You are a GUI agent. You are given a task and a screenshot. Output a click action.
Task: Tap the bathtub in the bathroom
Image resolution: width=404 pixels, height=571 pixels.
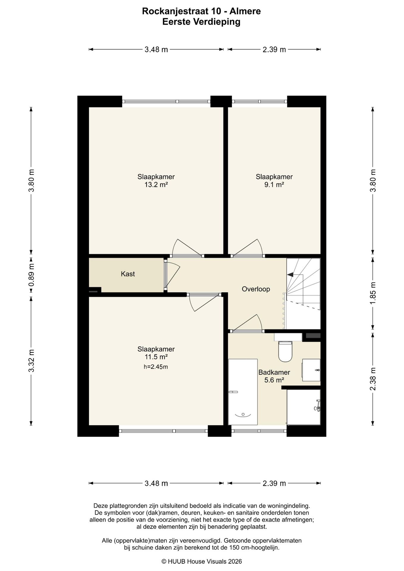pos(243,392)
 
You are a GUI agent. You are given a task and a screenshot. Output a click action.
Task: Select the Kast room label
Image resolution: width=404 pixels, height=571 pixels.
pos(128,274)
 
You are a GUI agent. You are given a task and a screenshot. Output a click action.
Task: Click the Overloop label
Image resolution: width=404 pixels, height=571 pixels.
pos(256,289)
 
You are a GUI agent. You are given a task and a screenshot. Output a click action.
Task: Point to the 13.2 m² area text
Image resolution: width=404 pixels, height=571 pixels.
pos(156,185)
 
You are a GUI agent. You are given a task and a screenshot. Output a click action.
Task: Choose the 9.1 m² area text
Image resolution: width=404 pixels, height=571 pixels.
pos(274,185)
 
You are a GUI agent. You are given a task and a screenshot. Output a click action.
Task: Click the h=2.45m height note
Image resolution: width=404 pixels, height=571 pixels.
pos(156,367)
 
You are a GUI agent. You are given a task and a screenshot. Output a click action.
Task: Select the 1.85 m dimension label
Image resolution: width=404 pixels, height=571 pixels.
pos(373,293)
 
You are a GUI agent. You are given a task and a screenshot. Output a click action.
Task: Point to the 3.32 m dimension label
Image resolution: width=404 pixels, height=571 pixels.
pos(31,360)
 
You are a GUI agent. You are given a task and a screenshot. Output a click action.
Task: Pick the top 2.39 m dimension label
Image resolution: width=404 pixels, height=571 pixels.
pos(274,50)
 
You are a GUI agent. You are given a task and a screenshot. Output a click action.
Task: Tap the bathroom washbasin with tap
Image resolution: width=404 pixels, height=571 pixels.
pos(311,370)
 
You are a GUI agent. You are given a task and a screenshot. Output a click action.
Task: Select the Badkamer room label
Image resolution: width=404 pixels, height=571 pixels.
pos(274,372)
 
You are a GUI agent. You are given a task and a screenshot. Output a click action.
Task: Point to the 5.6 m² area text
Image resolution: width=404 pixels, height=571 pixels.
pos(274,380)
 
